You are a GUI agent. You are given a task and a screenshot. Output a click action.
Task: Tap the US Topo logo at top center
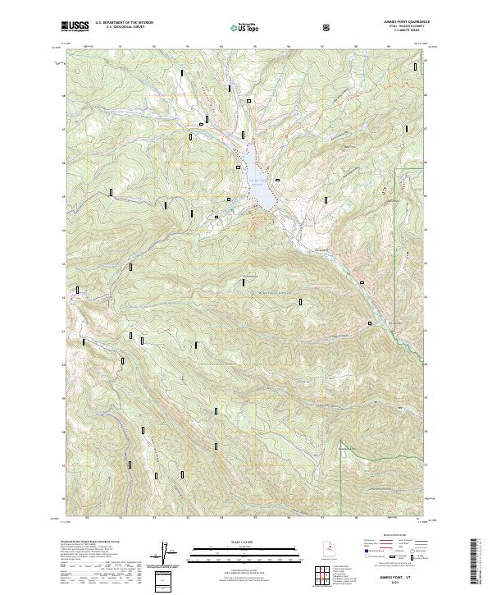point(239,27)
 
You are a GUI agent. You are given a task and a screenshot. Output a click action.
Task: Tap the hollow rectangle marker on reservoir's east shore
point(279,179)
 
